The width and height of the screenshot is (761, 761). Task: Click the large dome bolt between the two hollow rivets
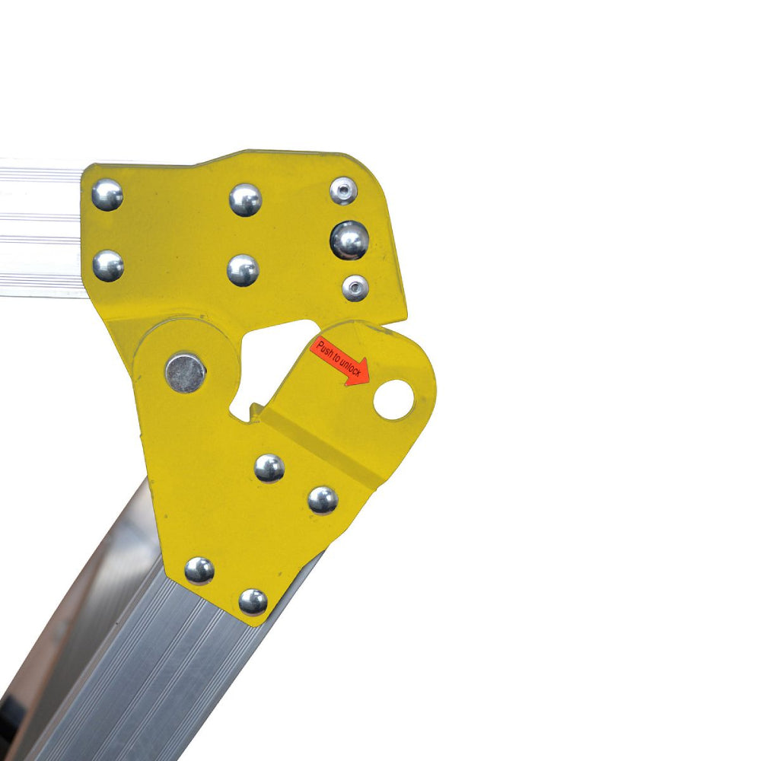349,240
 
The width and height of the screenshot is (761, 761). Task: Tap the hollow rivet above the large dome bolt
343,191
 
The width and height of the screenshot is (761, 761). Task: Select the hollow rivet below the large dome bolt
355,288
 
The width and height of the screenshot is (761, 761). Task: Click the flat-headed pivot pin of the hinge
186,373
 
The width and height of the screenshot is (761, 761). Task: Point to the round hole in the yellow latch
393,400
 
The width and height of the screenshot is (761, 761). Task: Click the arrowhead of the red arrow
359,372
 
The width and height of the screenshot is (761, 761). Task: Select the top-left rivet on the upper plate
107,195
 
